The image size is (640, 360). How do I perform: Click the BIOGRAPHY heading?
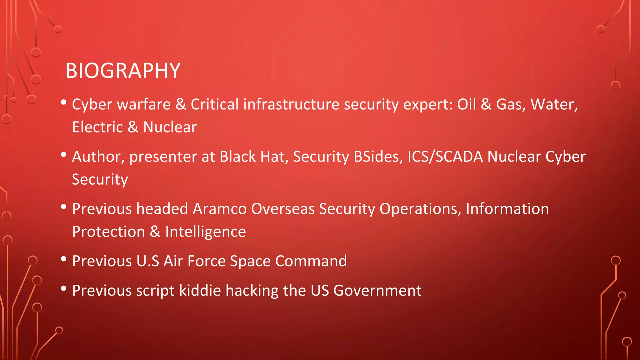[x=123, y=71]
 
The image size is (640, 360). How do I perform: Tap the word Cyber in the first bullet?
[x=92, y=104]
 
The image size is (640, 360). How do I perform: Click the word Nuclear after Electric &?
[x=170, y=127]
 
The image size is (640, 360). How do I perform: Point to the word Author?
[x=98, y=157]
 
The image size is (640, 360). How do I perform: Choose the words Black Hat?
[x=253, y=157]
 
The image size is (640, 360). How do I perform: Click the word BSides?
[x=378, y=157]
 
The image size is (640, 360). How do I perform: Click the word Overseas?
[x=283, y=209]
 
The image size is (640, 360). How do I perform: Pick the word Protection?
[x=108, y=232]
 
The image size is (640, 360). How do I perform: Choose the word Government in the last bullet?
[x=377, y=290]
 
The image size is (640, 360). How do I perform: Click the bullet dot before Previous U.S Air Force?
[x=64, y=259]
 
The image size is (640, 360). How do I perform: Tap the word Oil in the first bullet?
[x=467, y=104]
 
